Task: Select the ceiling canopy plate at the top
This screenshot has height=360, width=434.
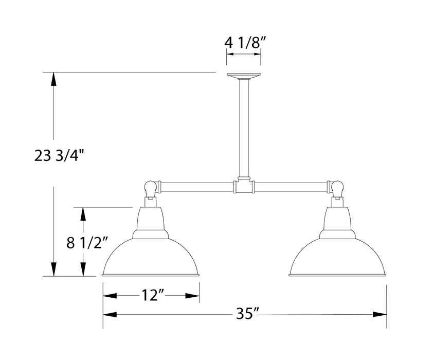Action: [244, 77]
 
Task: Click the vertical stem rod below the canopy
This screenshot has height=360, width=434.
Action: [244, 129]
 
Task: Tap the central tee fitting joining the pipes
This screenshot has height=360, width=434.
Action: [244, 186]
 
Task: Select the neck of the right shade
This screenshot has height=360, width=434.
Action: [337, 219]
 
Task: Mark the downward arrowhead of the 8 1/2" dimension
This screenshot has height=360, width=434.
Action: [82, 270]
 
